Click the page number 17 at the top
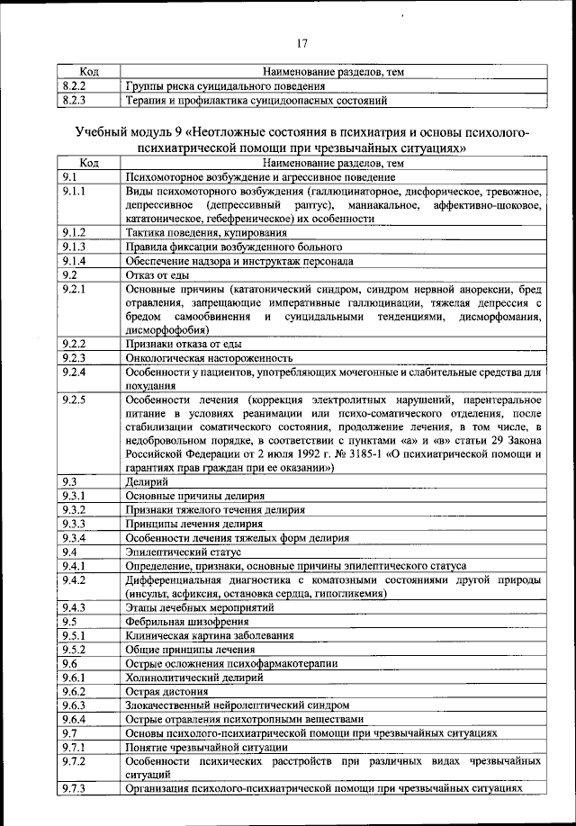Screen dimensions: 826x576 coord(301,40)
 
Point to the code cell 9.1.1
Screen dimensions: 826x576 coord(76,192)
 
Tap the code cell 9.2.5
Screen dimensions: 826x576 coord(76,399)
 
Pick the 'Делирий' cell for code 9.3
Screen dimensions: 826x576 coord(145,482)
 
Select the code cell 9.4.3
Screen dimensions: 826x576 coord(76,607)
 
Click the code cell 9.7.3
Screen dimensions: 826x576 coord(76,788)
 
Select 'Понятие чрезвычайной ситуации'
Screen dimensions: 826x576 coord(203,747)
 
